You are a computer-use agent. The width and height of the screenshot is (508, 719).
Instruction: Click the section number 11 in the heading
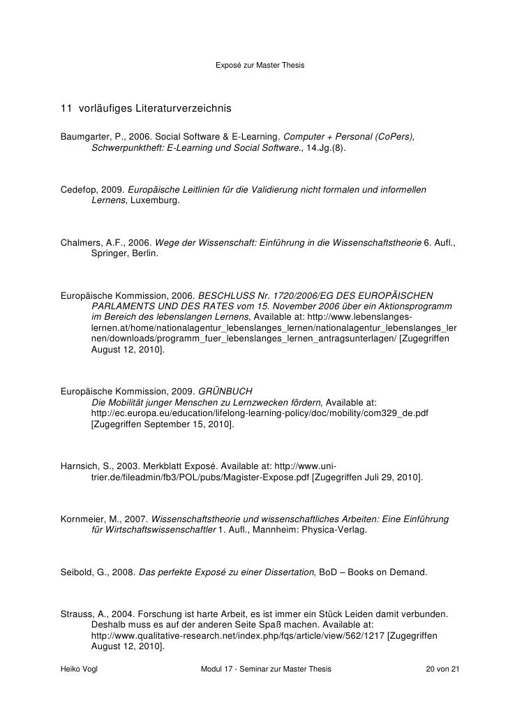coord(66,110)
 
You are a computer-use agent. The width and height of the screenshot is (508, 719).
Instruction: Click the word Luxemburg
coord(154,200)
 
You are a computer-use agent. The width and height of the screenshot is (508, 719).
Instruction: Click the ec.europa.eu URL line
coord(260,413)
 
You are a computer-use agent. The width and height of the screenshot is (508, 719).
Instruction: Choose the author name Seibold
coord(78,572)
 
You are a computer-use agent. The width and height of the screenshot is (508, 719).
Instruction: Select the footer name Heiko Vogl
coord(82,669)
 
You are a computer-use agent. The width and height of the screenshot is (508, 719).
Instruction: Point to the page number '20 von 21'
coord(443,669)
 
